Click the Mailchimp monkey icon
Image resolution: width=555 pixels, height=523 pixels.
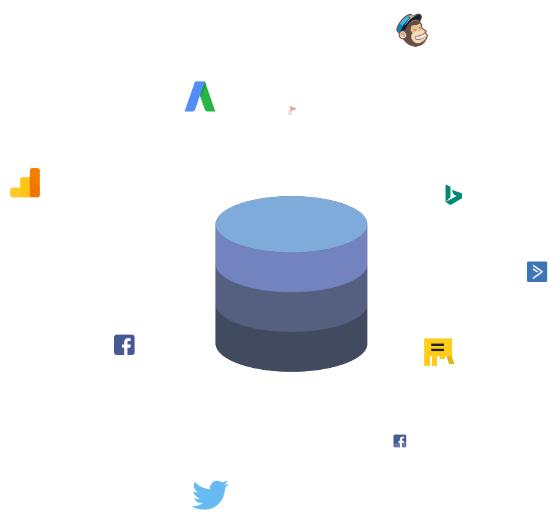[412, 30]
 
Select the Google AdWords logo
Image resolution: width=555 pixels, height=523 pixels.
[200, 97]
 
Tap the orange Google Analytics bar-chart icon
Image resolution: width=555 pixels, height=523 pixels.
[25, 183]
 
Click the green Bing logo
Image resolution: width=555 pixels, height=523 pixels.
[454, 195]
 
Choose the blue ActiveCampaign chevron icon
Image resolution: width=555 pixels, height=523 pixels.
[536, 272]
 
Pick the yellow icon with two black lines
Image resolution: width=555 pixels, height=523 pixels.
[438, 352]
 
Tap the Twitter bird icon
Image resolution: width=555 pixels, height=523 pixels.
[210, 494]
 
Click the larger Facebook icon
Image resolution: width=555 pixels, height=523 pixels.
[124, 344]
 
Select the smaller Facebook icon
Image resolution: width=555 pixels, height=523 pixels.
[400, 441]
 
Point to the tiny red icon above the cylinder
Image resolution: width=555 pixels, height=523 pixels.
[292, 110]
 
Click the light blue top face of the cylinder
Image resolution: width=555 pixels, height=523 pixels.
[292, 224]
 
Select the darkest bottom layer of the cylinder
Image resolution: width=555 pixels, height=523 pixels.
[292, 349]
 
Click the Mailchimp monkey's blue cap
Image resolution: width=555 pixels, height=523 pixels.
[408, 21]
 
